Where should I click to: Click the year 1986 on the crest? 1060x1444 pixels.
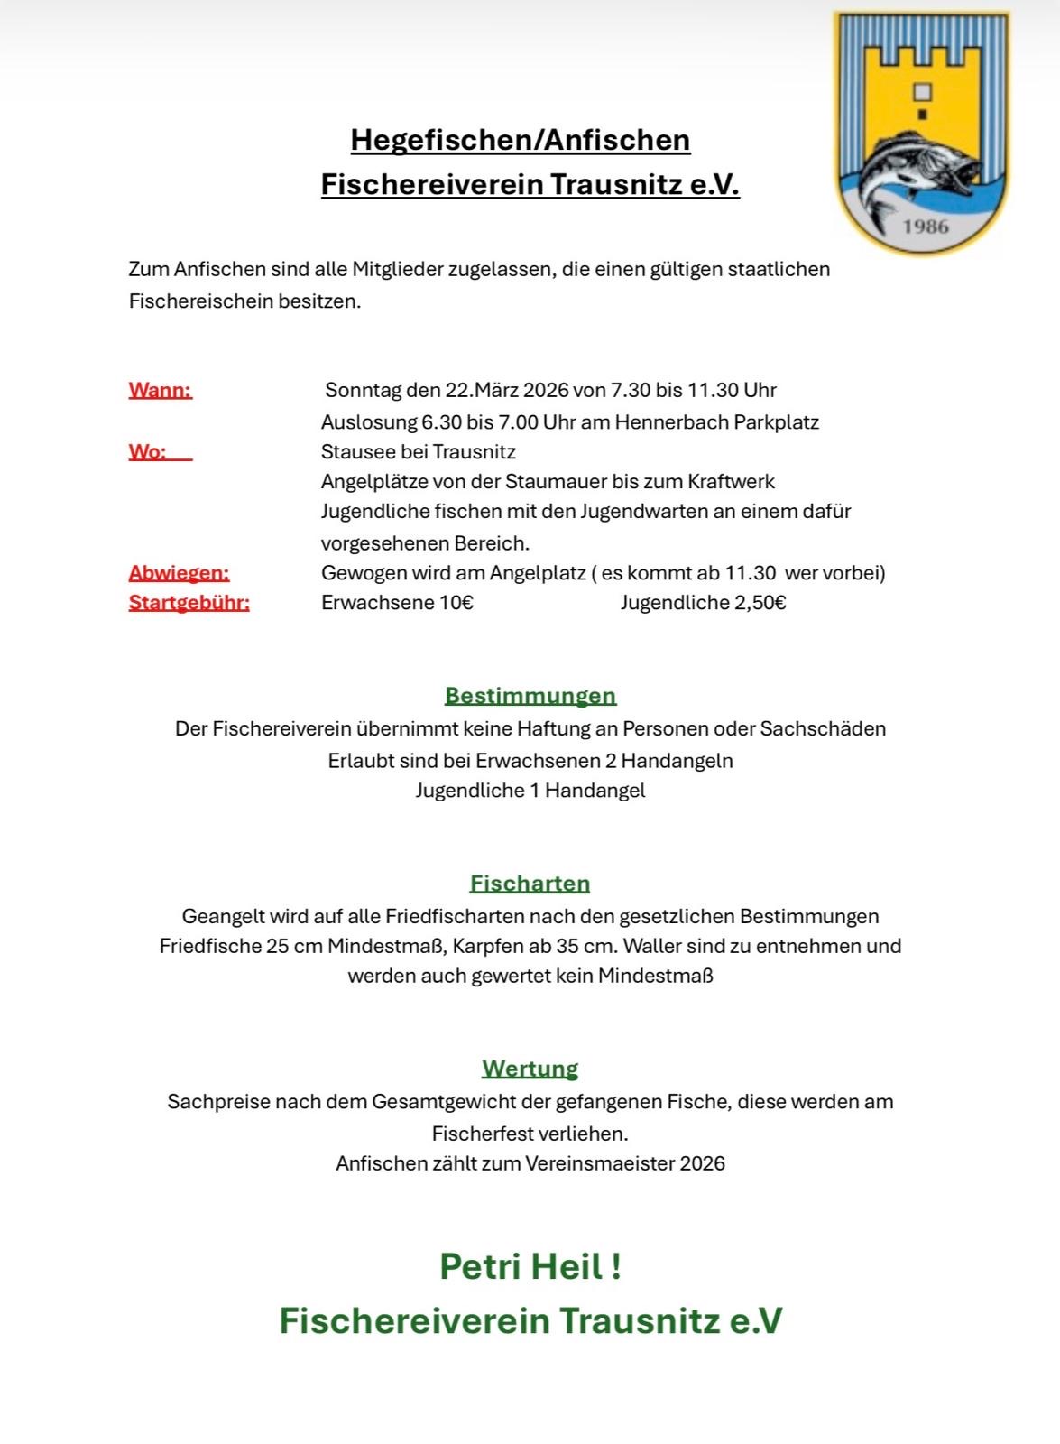tap(926, 226)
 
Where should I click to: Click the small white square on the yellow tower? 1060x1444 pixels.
tap(922, 92)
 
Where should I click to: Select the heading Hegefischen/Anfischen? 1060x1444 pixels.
tap(521, 140)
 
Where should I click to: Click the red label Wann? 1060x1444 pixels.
tap(161, 391)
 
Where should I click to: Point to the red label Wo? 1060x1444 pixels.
tap(148, 451)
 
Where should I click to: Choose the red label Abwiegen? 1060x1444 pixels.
tap(179, 573)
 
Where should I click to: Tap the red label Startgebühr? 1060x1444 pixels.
tap(189, 603)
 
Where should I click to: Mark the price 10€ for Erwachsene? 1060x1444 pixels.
tap(456, 603)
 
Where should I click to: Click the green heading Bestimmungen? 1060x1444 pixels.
tap(530, 696)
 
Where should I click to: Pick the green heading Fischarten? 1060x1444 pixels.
tap(530, 884)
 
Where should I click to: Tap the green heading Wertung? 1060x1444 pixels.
tap(530, 1069)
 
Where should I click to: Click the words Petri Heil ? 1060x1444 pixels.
tap(530, 1265)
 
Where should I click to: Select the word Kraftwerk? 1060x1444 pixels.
tap(731, 482)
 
